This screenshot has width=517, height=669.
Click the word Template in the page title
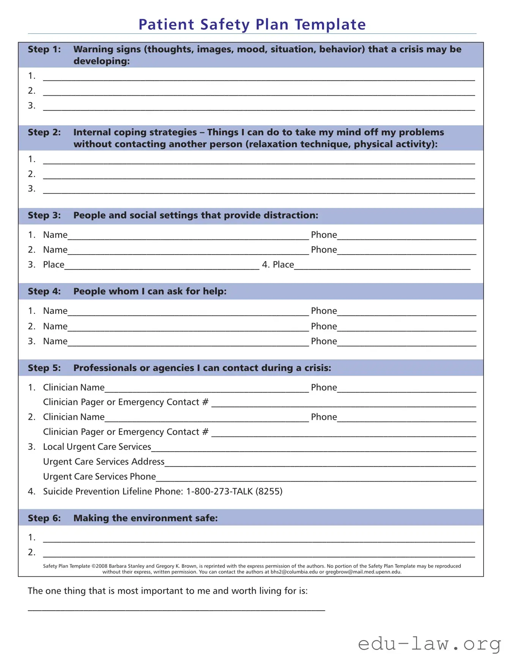point(330,24)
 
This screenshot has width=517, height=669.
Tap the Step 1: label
point(44,49)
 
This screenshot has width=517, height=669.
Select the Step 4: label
point(44,291)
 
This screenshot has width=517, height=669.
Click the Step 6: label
point(44,518)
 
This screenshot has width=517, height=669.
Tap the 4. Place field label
point(278,265)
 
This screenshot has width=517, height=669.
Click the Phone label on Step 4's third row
point(324,342)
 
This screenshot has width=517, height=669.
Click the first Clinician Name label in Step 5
point(74,387)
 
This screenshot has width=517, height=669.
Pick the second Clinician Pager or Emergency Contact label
point(125,432)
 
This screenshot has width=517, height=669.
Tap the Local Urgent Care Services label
point(97,447)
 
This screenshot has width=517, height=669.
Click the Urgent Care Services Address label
point(104,462)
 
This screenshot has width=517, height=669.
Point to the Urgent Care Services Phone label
point(99,477)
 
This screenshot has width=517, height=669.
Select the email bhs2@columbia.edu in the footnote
point(294,572)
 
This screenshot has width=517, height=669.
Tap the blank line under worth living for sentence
point(176,609)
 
